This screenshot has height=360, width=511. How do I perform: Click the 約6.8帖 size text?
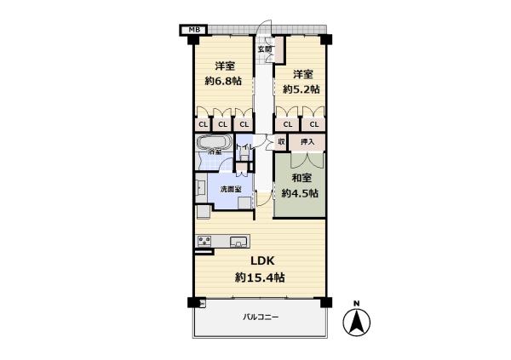(224, 82)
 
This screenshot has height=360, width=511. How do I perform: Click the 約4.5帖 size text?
(301, 193)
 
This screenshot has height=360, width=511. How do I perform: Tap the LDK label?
(260, 261)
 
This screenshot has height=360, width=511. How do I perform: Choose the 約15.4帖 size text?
(260, 277)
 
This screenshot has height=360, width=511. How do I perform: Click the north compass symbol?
(358, 323)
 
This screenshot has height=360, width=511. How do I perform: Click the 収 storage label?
(281, 141)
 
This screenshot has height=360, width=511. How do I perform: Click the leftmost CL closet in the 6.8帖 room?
(204, 124)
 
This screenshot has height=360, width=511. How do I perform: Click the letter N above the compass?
(358, 304)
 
